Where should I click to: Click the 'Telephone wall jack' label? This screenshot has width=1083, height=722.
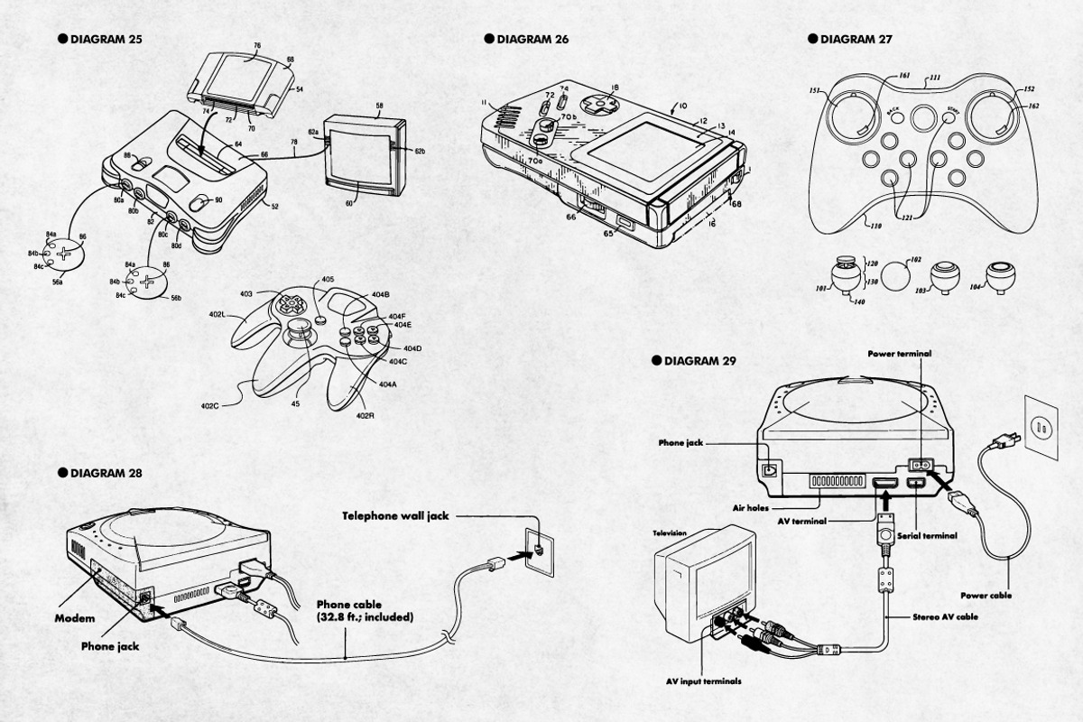[x=394, y=516]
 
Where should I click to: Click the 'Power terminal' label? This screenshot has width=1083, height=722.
[x=899, y=354]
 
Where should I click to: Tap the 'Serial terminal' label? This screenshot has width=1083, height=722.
[x=927, y=535]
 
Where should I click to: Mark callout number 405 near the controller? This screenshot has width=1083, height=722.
[x=328, y=280]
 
